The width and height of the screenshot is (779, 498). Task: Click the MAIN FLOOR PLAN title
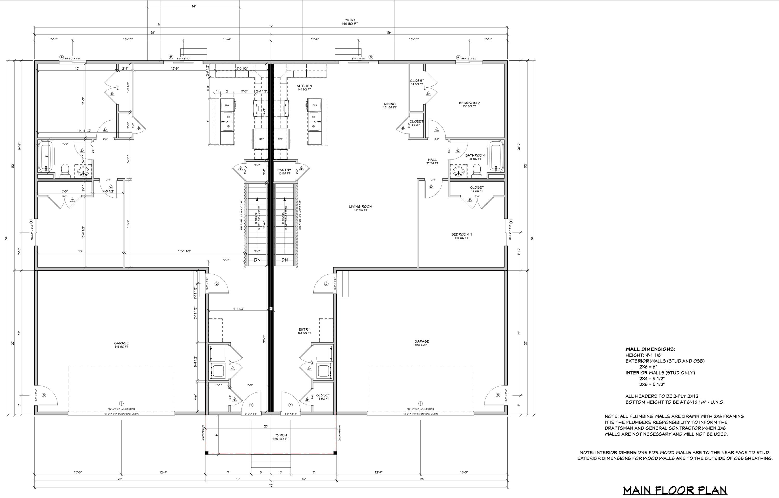point(675,490)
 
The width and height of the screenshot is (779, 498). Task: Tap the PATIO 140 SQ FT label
point(350,22)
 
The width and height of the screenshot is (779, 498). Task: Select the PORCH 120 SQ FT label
point(281,437)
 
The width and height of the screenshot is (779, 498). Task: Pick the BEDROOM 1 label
point(461,236)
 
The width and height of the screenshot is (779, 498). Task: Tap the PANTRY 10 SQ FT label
point(284,171)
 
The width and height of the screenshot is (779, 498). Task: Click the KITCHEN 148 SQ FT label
point(304,87)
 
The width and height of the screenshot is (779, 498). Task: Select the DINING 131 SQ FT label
point(390,105)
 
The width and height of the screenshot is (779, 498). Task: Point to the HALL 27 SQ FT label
point(432,161)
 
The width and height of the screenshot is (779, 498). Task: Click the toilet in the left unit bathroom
point(65,170)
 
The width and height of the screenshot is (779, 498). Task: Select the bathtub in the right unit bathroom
point(495,156)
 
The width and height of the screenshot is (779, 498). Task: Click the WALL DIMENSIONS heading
point(650,349)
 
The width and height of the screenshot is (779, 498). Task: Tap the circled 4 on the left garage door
point(121,403)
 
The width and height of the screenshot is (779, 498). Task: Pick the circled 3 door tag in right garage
point(498,395)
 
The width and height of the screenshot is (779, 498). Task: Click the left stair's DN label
point(257,260)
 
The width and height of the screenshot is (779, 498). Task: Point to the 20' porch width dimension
point(266,426)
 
